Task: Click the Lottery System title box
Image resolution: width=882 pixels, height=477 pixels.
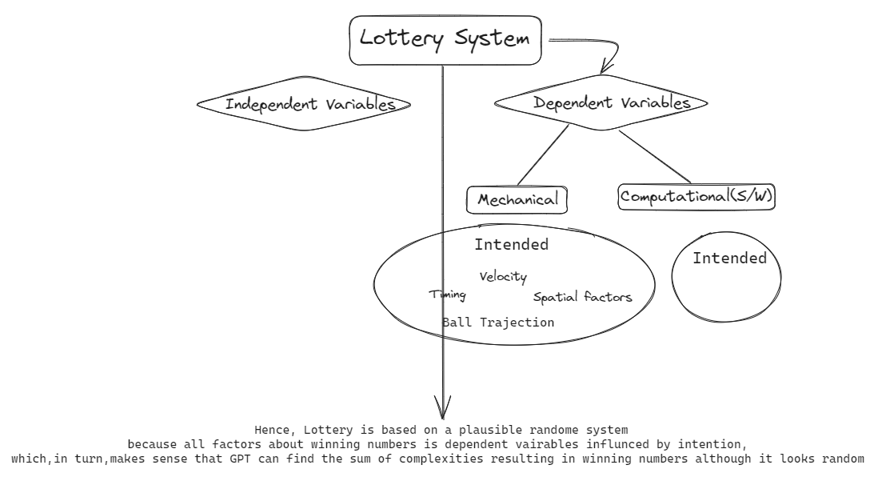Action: click(x=445, y=39)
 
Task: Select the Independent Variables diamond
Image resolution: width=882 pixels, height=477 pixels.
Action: click(x=303, y=105)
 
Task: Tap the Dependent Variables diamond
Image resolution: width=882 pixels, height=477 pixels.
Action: click(x=602, y=103)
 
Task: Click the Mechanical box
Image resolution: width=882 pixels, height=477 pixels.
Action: click(x=517, y=200)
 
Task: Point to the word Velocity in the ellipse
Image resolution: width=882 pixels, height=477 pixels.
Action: click(x=503, y=277)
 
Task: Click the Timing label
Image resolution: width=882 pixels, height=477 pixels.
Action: click(x=448, y=295)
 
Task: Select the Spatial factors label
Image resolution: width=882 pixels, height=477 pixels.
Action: click(x=582, y=297)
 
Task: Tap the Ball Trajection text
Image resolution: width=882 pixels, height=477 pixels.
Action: click(x=498, y=323)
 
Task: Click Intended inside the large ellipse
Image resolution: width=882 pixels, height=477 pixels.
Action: click(x=511, y=245)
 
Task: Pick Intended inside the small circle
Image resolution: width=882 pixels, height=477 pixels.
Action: click(x=728, y=259)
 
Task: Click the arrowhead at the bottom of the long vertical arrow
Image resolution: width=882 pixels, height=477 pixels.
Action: click(x=442, y=407)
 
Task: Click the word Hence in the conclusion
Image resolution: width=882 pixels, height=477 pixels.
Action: click(x=271, y=430)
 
